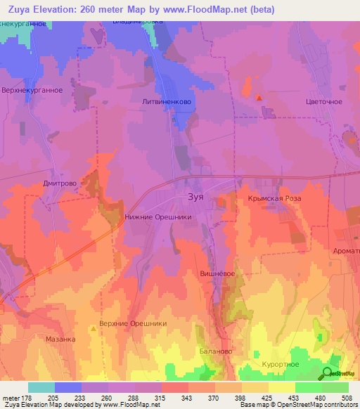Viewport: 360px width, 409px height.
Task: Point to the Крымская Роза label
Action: (274, 200)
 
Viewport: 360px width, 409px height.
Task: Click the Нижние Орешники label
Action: (158, 218)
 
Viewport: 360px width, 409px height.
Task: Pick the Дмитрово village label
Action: (59, 183)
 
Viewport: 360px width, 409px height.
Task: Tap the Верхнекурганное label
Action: (32, 90)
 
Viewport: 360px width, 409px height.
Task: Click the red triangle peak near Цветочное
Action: (259, 98)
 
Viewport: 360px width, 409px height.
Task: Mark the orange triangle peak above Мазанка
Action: (93, 327)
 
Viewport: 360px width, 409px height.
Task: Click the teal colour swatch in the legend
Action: (41, 387)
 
